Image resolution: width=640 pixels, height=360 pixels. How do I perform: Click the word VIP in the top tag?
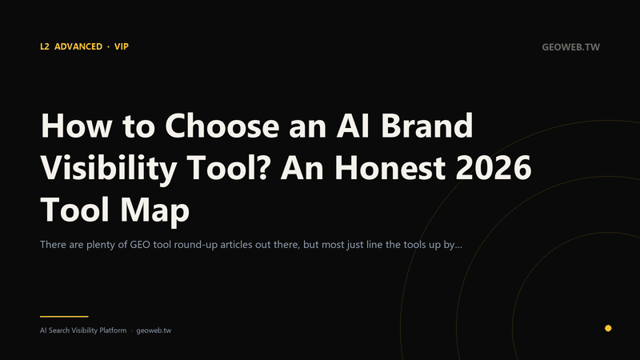point(122,46)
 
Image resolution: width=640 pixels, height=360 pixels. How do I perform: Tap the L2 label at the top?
point(45,46)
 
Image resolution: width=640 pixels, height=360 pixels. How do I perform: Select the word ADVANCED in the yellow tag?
point(78,46)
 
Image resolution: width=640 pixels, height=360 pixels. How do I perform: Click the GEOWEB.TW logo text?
point(570,47)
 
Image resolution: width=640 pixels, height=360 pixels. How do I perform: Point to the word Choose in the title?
point(222,126)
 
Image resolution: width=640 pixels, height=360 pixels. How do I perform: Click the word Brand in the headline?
point(426,126)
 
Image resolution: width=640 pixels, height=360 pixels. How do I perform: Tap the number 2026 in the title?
point(493,168)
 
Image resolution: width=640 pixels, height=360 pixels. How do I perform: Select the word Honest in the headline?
point(390,168)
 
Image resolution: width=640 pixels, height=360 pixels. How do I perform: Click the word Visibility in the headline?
point(109,169)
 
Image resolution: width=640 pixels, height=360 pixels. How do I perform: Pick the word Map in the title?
point(154,210)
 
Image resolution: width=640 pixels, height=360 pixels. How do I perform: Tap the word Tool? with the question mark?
point(228,168)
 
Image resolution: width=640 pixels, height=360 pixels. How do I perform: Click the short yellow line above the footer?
point(64,316)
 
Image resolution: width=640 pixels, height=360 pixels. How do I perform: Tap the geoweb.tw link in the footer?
point(154,330)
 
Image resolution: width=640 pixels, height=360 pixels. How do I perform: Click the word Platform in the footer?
point(113,330)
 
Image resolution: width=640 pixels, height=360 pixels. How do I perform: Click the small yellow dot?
point(608,328)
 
